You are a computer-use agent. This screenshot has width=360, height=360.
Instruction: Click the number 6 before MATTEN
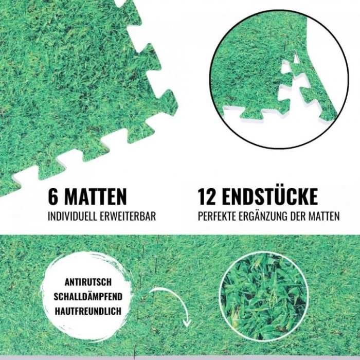pyautogui.click(x=52, y=196)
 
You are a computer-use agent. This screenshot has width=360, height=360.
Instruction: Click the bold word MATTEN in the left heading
pyautogui.click(x=95, y=196)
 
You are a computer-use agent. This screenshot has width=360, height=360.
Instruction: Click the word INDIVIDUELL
pyautogui.click(x=71, y=217)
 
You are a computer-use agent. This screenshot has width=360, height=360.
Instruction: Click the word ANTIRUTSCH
pyautogui.click(x=88, y=282)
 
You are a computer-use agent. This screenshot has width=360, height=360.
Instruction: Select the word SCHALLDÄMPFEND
pyautogui.click(x=88, y=296)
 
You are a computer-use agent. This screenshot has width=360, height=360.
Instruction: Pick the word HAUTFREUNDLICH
pyautogui.click(x=88, y=311)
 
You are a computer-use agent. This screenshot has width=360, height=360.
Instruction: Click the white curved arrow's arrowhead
pyautogui.click(x=187, y=323)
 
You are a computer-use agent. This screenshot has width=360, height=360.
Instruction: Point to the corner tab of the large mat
pyautogui.click(x=168, y=102)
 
